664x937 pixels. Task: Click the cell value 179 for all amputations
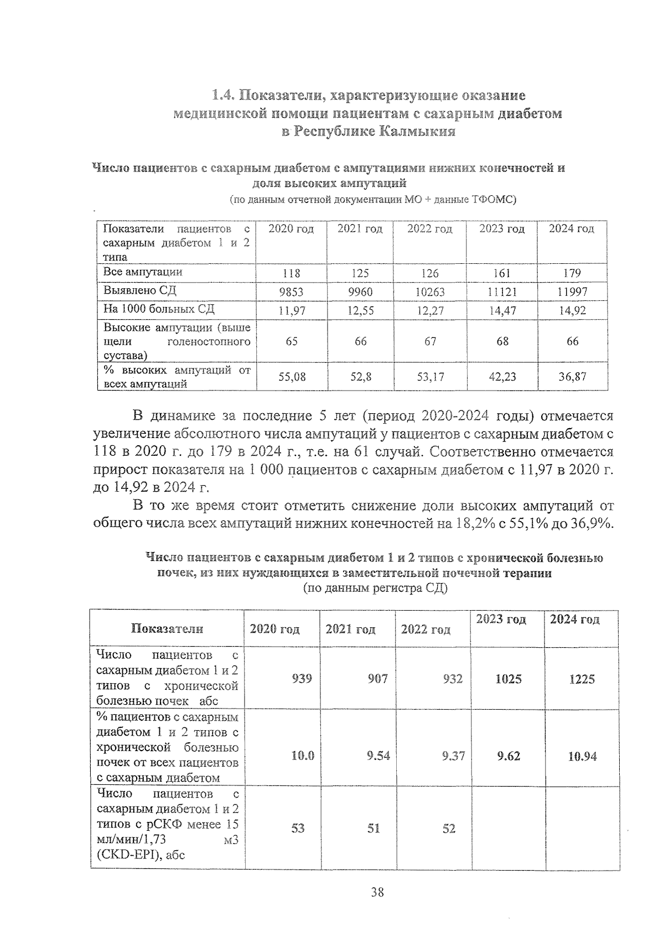tap(572, 273)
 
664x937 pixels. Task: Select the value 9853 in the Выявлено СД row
tap(291, 291)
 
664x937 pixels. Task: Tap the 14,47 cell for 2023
tap(502, 310)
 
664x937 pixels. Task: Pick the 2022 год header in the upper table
tap(429, 229)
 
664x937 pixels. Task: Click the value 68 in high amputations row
tap(502, 341)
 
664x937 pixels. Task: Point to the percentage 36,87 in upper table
tap(572, 377)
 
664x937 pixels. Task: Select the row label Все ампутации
tap(143, 272)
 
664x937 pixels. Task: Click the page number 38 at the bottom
tap(377, 892)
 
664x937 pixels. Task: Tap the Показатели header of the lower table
tap(167, 628)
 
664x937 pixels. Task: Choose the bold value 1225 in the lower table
tap(582, 679)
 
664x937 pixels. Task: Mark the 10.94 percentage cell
tap(582, 756)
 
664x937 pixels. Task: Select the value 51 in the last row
tap(374, 828)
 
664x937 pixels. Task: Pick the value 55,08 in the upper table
tap(291, 377)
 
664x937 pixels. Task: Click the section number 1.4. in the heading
tap(224, 95)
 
